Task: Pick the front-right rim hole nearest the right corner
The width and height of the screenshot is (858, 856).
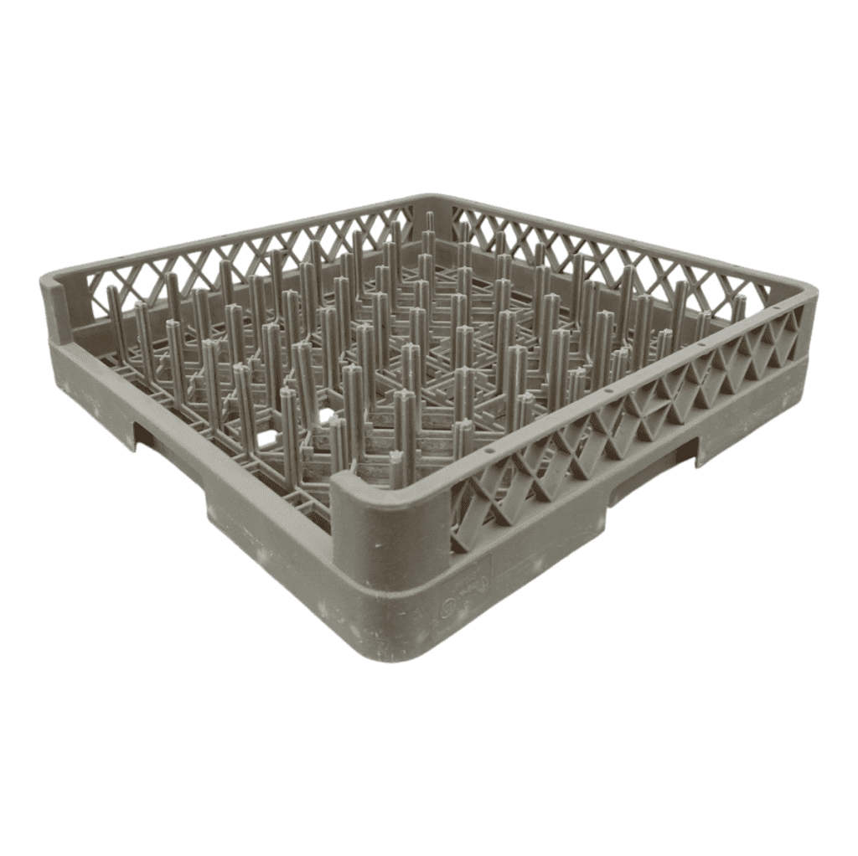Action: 776,308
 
